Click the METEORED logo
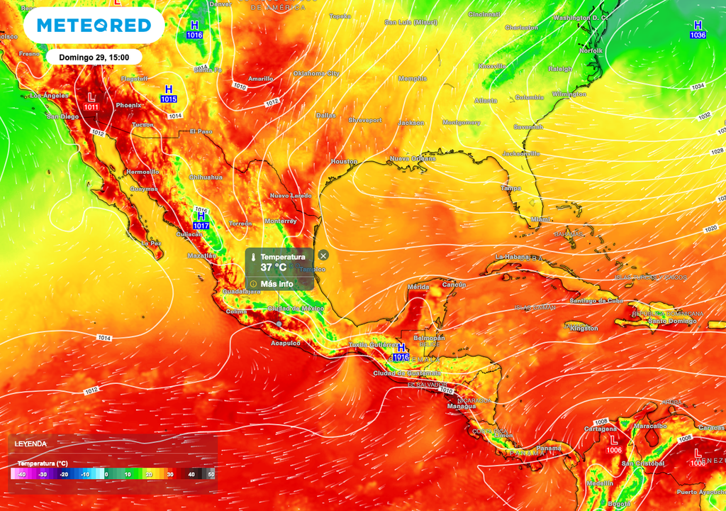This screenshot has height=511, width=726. tap(94, 26)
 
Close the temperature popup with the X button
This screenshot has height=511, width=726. tap(323, 255)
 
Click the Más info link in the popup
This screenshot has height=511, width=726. tap(277, 283)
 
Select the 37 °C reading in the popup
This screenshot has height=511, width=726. tap(274, 268)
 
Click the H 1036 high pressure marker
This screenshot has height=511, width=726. tap(698, 30)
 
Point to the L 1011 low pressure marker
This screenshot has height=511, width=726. tap(91, 101)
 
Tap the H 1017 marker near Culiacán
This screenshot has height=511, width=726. tap(201, 220)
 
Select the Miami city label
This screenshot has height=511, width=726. tap(540, 220)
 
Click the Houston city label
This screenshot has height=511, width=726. tap(345, 162)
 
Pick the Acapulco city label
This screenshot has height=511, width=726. tap(286, 343)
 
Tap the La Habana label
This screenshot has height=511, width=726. tap(514, 256)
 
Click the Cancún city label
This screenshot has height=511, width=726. tap(454, 285)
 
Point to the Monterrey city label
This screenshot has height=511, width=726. tap(281, 221)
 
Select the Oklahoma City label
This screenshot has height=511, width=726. tap(316, 73)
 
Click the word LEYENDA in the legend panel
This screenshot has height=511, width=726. tap(30, 444)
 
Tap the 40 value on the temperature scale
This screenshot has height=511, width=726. tap(191, 474)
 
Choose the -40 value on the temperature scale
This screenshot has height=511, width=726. tap(22, 474)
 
